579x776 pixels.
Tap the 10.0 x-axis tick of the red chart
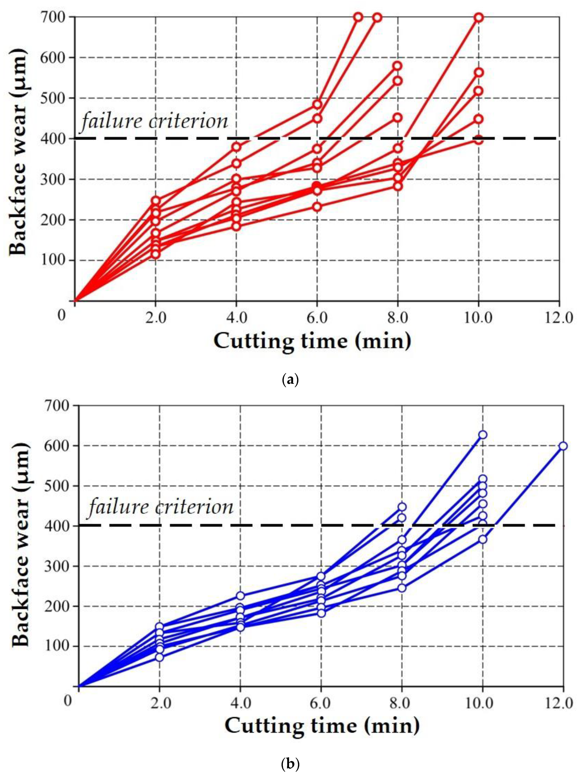point(478,318)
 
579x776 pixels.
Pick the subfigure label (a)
point(290,380)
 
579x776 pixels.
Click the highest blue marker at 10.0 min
point(483,435)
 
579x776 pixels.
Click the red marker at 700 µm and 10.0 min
point(479,17)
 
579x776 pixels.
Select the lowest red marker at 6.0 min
point(317,206)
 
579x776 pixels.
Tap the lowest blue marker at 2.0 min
point(159,657)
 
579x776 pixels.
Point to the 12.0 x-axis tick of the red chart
point(559,318)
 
